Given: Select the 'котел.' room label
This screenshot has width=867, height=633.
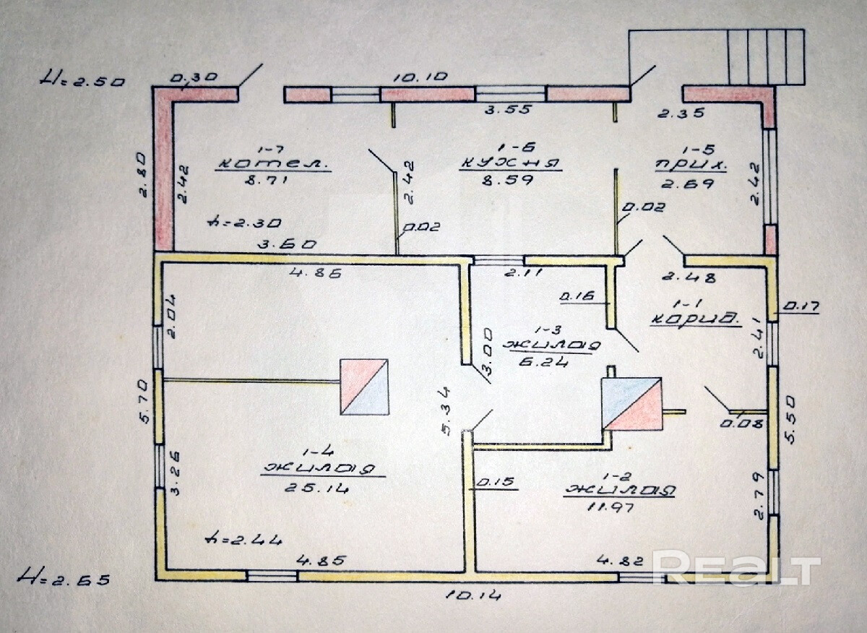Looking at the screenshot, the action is click(273, 163).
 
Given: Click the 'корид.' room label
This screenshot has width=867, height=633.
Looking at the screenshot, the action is click(695, 319).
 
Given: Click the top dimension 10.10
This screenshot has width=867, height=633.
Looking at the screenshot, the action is click(420, 77).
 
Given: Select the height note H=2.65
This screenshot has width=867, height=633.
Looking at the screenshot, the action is click(65, 578).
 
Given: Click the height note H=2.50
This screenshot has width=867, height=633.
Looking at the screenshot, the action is click(82, 79).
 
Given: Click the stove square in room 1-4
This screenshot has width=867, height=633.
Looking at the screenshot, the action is click(364, 387).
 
